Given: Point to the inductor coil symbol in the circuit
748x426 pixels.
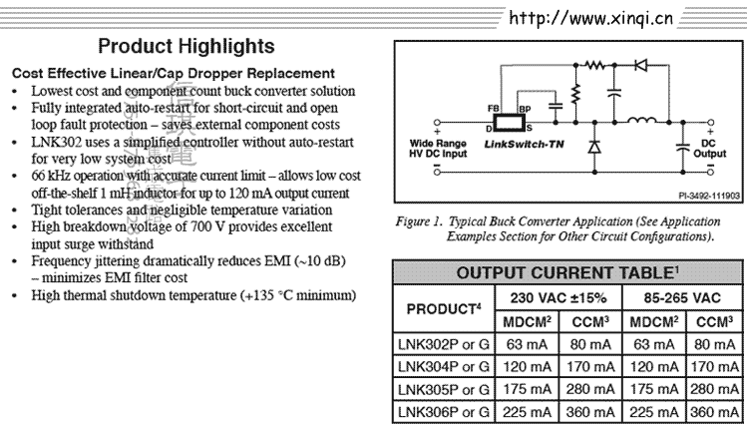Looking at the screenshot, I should [x=642, y=124].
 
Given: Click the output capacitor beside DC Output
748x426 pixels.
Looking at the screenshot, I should [x=682, y=147].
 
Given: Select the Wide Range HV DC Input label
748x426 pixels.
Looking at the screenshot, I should [x=439, y=149].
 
